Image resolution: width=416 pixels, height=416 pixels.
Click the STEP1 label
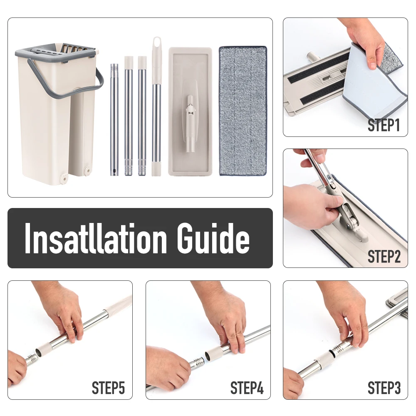(x=384, y=125)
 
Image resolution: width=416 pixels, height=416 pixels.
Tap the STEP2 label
(x=384, y=257)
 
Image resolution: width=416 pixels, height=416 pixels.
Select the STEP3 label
(x=384, y=388)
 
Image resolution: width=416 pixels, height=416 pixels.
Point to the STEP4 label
(x=247, y=388)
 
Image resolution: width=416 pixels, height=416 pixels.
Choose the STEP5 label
(x=108, y=388)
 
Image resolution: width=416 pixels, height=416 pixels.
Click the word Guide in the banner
(x=213, y=238)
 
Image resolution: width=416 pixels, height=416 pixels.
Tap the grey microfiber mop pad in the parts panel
(x=243, y=111)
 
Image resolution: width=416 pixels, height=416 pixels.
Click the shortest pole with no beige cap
(x=114, y=119)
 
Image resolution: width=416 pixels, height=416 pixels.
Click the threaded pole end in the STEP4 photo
(x=198, y=362)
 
